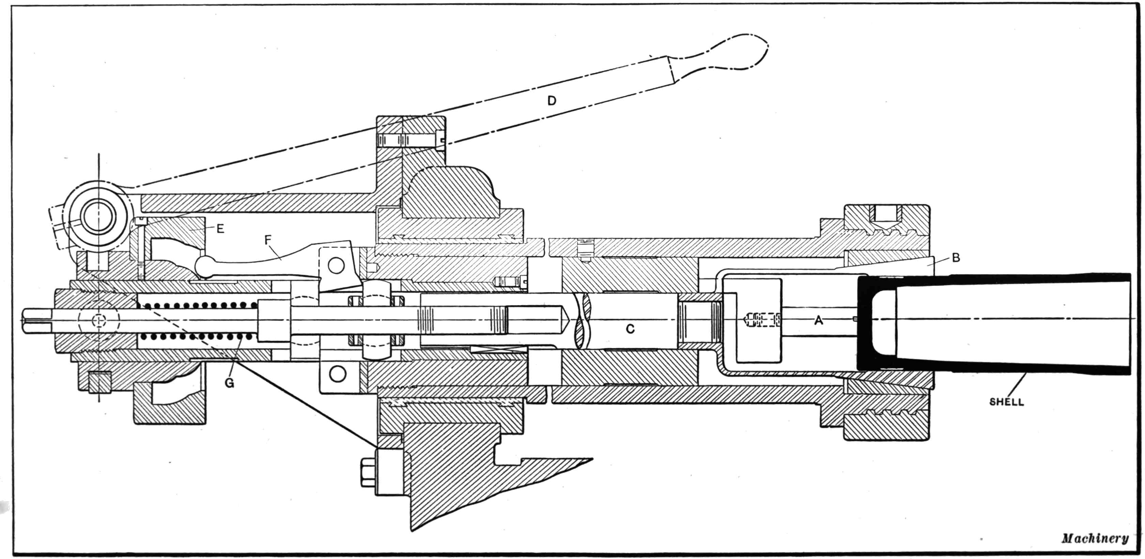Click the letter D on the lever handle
tap(551, 101)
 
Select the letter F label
tap(267, 240)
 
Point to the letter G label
tap(229, 383)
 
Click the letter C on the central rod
tap(630, 329)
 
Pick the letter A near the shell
tap(818, 320)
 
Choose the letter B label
tap(956, 257)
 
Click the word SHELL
tap(1006, 402)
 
